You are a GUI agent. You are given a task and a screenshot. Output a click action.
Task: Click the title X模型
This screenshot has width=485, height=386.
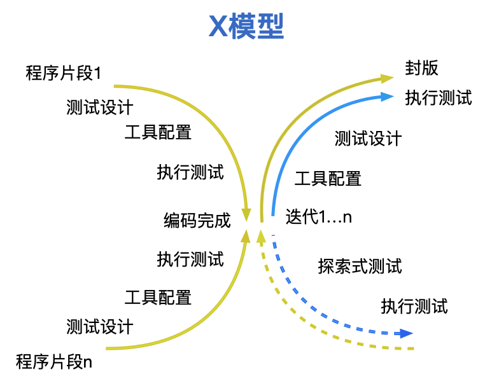tap(246, 26)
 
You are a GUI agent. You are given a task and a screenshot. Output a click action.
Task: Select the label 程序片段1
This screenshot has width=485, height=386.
tap(63, 72)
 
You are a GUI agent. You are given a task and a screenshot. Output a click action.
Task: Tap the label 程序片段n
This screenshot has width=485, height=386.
tap(54, 362)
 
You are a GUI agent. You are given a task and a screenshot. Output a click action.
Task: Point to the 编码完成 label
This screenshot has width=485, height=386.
tap(197, 221)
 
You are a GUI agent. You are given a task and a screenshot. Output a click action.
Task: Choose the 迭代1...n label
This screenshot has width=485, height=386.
tap(318, 216)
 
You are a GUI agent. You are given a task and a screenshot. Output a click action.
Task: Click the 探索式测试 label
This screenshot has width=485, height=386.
tap(360, 265)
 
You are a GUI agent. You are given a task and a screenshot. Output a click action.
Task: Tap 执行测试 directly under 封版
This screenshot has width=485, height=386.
tap(439, 98)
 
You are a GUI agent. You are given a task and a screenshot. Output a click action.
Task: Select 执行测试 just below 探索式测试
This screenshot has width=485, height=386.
tap(414, 306)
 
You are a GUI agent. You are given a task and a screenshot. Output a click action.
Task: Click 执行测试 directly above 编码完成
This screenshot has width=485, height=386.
tap(190, 172)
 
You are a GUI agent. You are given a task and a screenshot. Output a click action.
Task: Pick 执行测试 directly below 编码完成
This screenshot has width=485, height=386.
tap(190, 259)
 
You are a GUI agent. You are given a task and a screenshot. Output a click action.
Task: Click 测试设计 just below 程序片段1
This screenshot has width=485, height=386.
tap(100, 107)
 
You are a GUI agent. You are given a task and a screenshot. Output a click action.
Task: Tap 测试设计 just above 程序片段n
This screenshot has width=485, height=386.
tap(100, 327)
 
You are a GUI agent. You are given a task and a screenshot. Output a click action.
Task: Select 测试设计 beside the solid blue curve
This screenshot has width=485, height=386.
tap(368, 138)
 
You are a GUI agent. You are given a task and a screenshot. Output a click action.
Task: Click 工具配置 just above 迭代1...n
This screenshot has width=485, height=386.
tap(328, 178)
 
